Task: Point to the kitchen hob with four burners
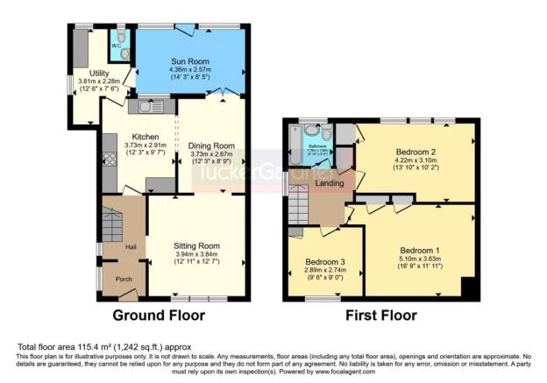(x=110, y=160)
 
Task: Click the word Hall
(x=131, y=246)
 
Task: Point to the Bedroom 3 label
(x=326, y=262)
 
